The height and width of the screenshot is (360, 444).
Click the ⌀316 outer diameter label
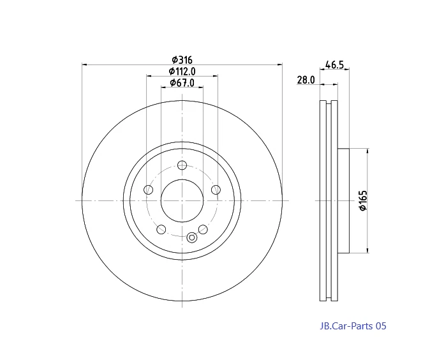[181, 59]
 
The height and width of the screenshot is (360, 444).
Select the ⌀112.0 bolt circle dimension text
[182, 71]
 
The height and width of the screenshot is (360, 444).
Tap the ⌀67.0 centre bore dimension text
[182, 82]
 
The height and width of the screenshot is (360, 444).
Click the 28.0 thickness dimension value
[306, 80]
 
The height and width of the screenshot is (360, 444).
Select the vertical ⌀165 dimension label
[362, 200]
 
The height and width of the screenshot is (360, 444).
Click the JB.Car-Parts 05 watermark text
[353, 326]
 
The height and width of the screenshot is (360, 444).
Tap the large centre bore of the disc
[182, 200]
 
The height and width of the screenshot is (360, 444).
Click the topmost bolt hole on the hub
[182, 165]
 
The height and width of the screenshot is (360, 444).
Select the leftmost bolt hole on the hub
[149, 190]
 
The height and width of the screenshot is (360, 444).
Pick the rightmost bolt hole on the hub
[216, 190]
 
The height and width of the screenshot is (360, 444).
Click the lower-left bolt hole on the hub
[161, 229]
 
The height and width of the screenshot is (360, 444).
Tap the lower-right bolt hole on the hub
[203, 229]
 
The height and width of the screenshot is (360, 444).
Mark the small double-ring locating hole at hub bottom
[191, 237]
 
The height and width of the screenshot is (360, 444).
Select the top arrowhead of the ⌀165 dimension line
[367, 151]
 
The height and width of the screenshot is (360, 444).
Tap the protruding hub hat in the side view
[344, 200]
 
